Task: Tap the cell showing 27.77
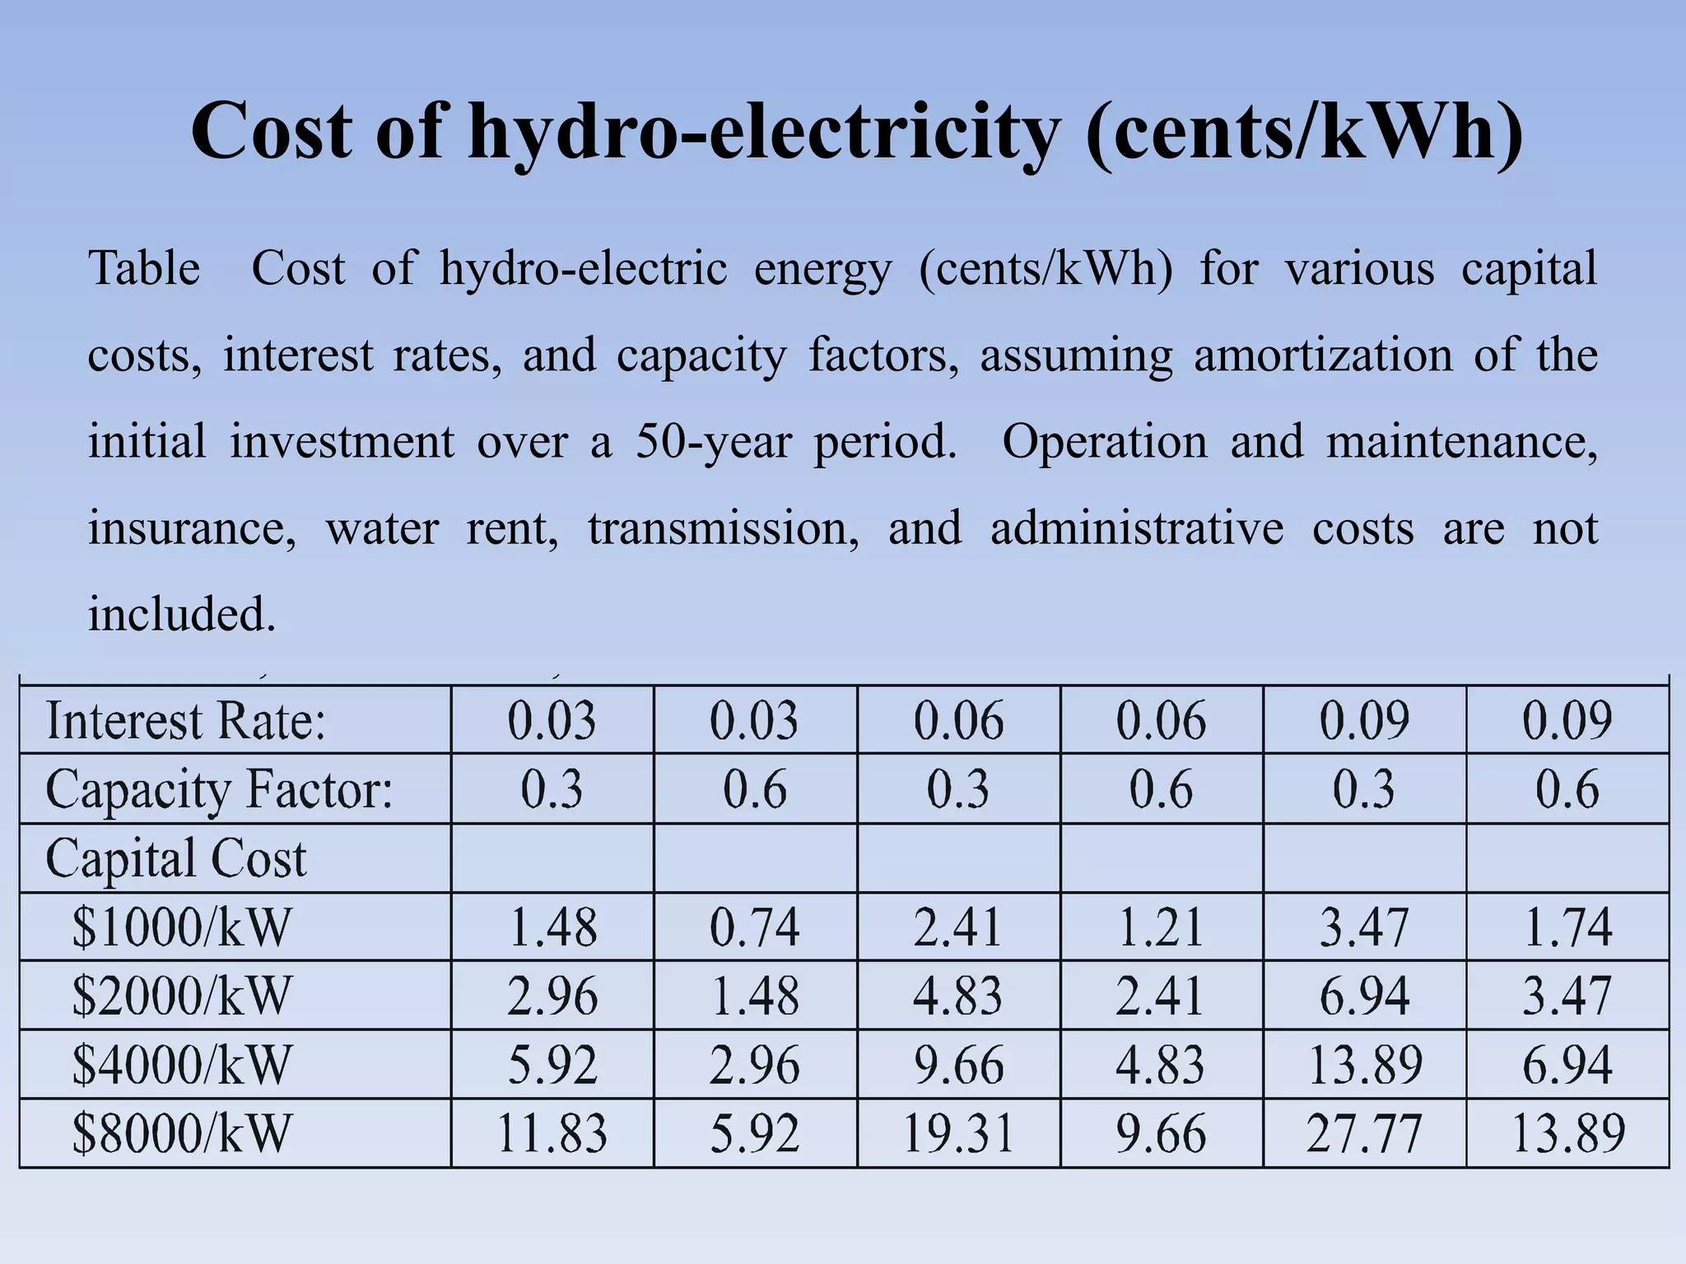1364,1133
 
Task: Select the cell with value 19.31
958,1133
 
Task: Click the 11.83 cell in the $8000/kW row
552,1133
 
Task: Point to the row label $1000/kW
182,927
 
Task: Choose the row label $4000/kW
182,1065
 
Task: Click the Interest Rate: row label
186,721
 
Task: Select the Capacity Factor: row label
219,790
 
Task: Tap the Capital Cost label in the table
176,858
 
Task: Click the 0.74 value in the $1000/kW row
754,927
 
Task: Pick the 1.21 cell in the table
1161,927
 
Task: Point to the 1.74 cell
1567,927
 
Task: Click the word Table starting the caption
144,268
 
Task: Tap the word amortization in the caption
1323,355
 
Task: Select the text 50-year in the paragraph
713,442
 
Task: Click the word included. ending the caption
182,614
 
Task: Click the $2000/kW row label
182,996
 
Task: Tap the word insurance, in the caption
192,528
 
